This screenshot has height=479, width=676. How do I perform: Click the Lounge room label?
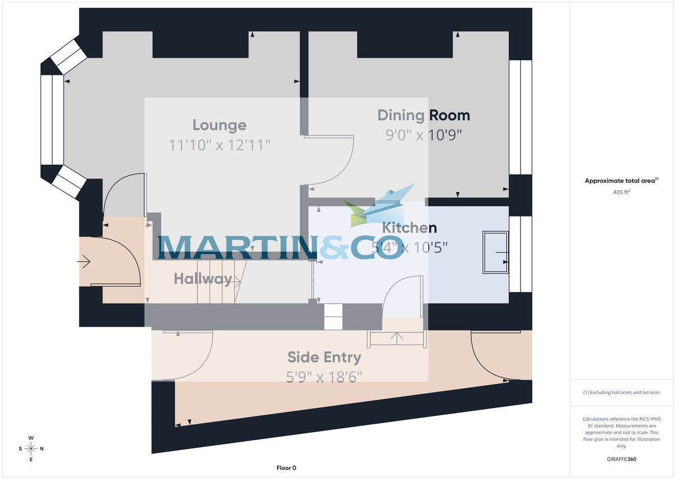(220, 125)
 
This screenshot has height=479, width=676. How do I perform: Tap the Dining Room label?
(423, 116)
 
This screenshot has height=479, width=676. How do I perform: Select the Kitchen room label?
(410, 228)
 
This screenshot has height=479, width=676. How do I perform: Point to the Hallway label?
(203, 278)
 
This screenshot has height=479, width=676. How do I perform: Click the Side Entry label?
(324, 357)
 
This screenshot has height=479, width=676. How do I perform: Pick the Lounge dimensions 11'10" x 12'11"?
(220, 145)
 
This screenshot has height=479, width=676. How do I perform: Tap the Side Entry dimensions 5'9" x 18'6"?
(324, 376)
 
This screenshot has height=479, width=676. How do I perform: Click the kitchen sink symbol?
(495, 252)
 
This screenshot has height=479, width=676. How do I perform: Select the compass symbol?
(31, 449)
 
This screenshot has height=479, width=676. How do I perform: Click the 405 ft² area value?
(621, 192)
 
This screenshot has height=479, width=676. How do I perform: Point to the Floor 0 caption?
(286, 468)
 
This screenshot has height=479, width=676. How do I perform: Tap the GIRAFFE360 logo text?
(621, 459)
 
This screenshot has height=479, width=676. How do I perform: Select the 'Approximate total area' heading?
(621, 181)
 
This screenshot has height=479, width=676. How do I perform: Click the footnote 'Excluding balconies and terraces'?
(621, 392)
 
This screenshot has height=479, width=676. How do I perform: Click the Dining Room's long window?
(521, 117)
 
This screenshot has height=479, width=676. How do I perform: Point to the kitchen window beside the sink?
(521, 254)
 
